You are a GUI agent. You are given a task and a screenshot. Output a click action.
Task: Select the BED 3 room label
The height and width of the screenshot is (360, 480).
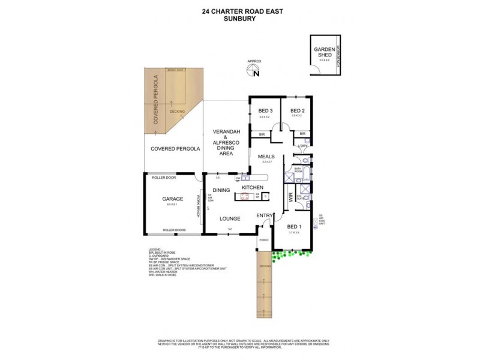[266, 111]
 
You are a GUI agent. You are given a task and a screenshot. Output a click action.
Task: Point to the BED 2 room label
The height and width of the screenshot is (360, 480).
[298, 111]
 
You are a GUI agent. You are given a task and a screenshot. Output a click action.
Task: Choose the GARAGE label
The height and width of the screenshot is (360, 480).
[172, 199]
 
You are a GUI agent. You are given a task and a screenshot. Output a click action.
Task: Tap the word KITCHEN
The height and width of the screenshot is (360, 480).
[253, 188]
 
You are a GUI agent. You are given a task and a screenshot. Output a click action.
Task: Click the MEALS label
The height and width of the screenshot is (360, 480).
[266, 157]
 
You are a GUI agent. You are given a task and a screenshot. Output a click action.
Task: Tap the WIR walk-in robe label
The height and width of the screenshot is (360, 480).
[290, 196]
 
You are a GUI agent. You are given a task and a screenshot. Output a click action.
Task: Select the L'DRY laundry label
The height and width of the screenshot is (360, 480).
[302, 146]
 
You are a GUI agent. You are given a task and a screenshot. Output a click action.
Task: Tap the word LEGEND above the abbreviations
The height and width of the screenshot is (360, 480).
[155, 249]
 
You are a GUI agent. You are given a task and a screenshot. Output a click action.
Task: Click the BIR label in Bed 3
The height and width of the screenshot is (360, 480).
[262, 134]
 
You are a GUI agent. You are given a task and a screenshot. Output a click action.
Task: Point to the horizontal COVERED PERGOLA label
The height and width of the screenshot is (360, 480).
[175, 149]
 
